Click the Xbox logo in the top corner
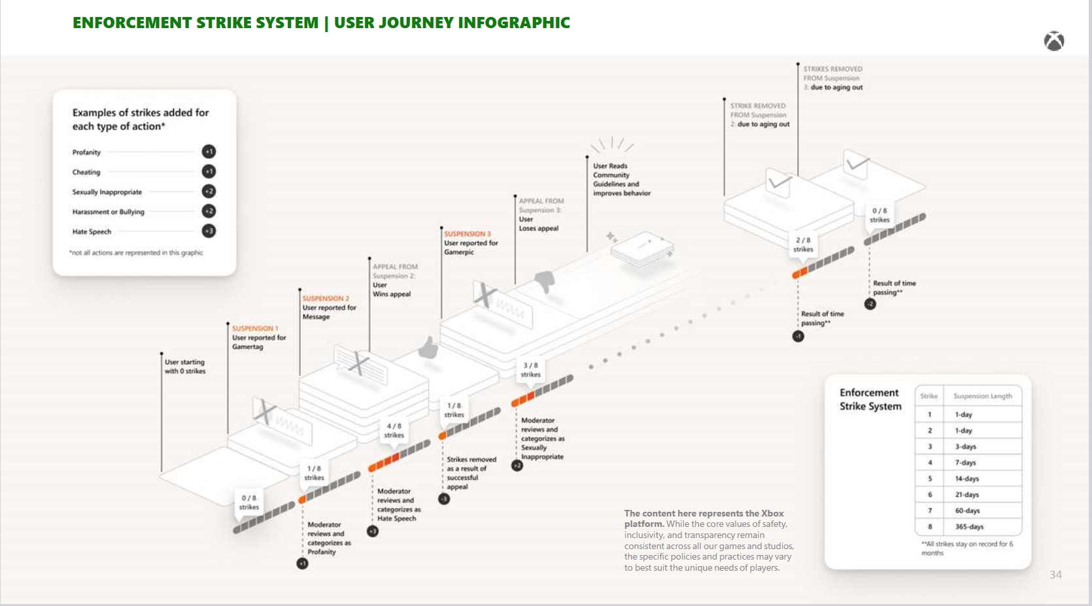pos(1053,41)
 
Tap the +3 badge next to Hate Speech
pos(209,231)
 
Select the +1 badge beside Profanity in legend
pos(209,152)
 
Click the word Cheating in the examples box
pos(86,173)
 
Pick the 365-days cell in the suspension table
pos(969,527)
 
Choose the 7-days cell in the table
pos(965,463)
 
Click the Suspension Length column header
pos(982,396)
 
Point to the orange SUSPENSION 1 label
pos(255,329)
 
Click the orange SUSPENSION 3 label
pos(467,234)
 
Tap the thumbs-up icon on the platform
pos(428,346)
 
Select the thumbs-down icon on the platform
pos(545,282)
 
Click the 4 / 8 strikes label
pos(394,430)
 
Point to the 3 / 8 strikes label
pos(530,370)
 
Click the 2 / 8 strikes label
pos(803,244)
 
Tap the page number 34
pos(1055,575)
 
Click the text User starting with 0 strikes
pos(184,367)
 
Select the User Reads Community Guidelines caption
pos(621,180)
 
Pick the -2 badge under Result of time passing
pos(870,304)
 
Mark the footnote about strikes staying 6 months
pos(966,548)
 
